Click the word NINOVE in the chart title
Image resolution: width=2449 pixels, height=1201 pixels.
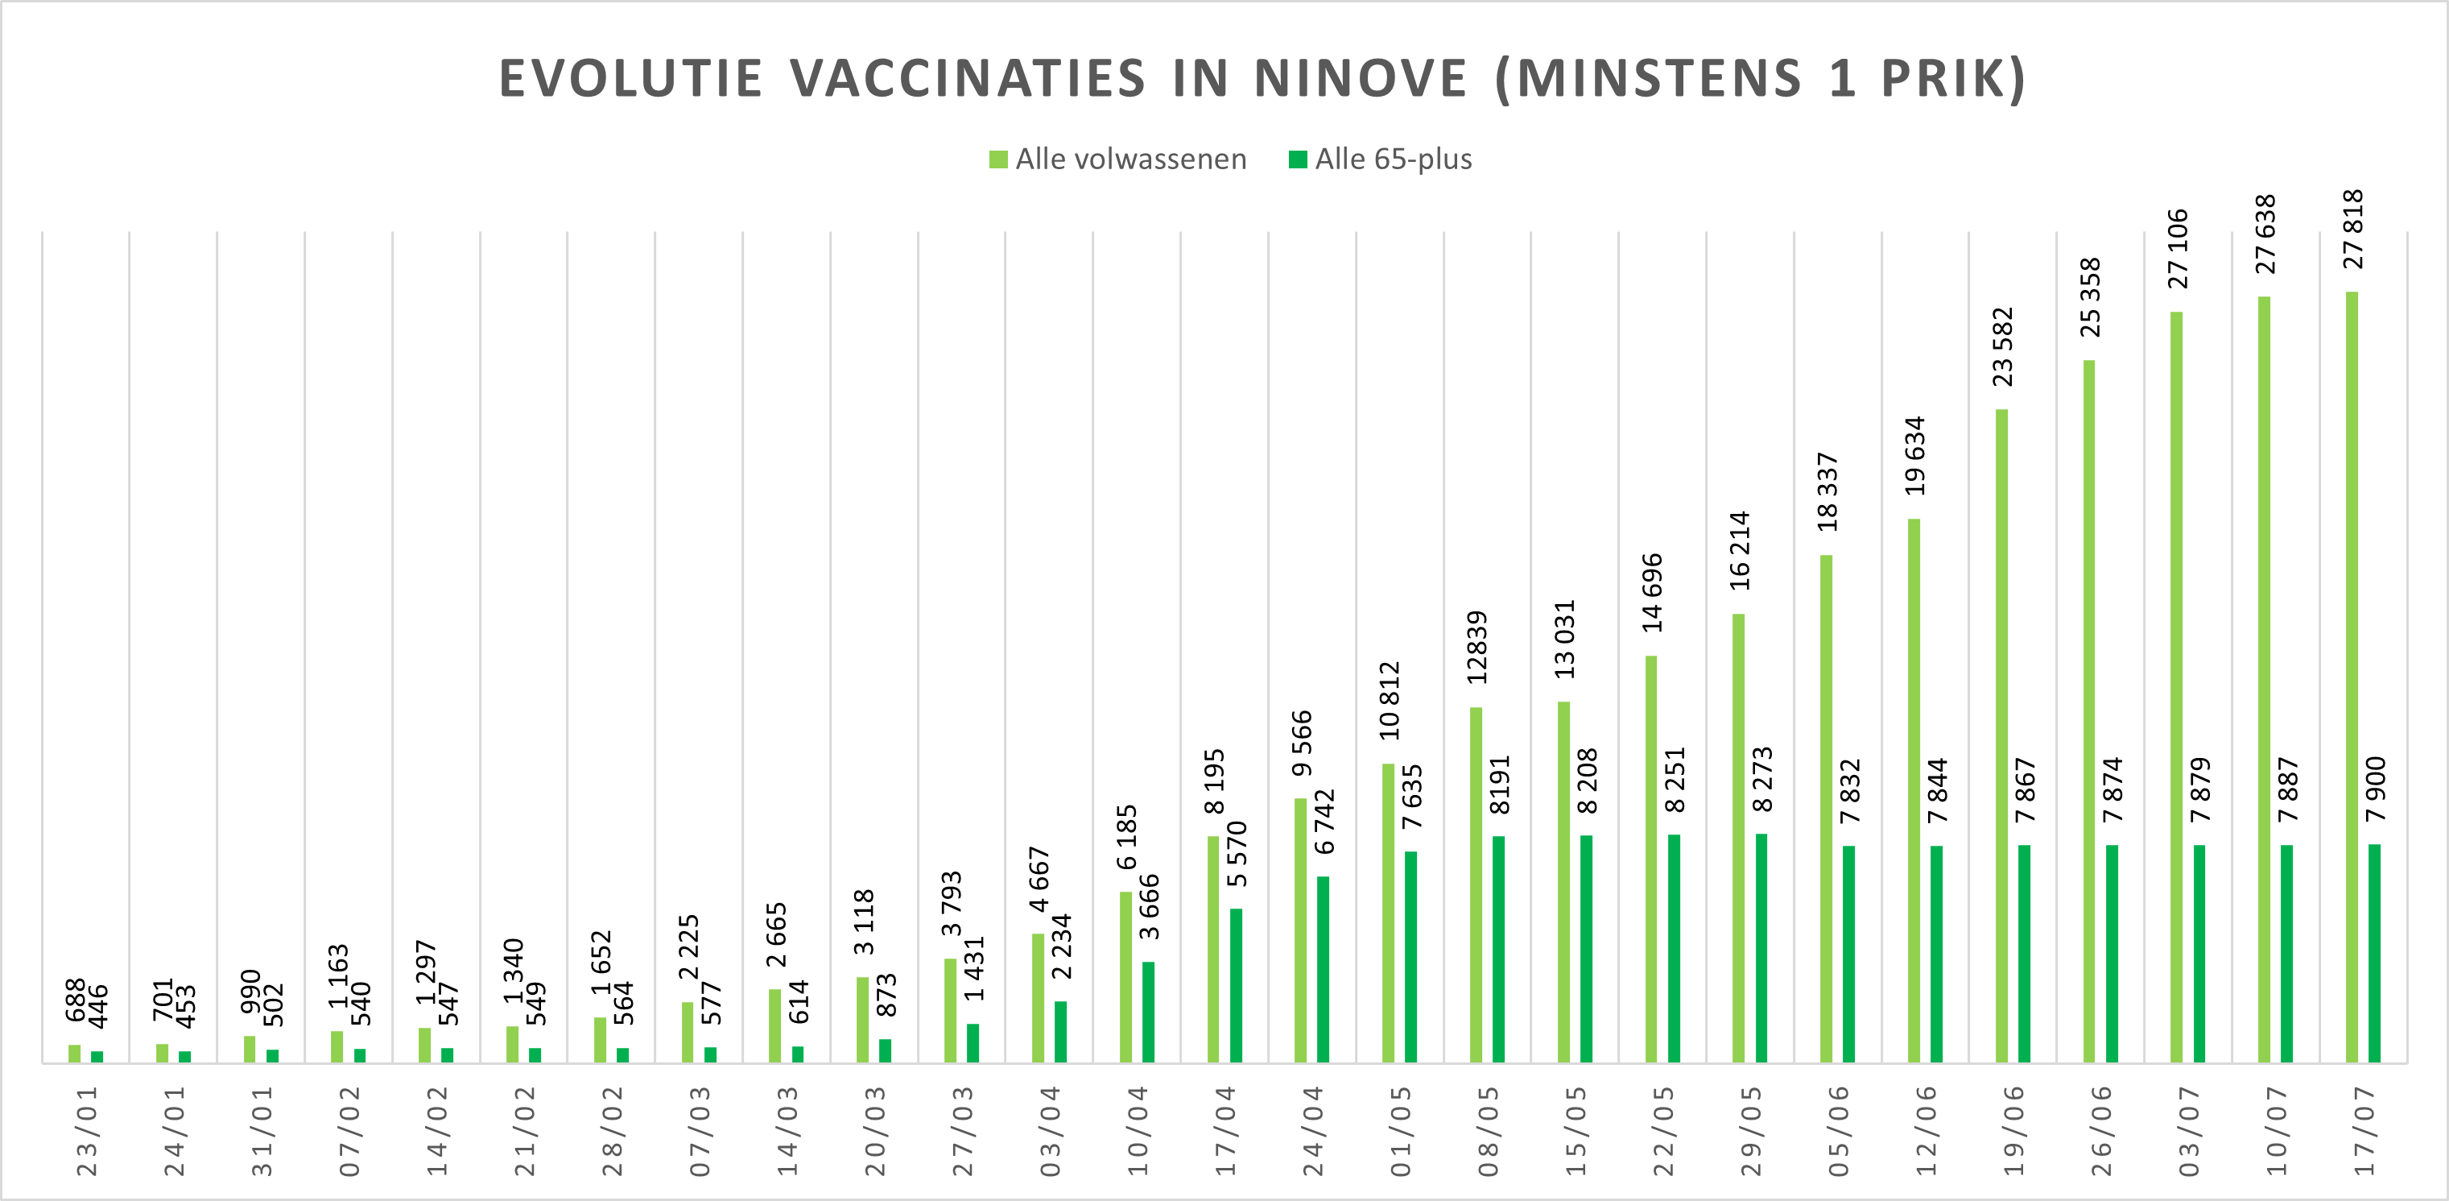[1361, 78]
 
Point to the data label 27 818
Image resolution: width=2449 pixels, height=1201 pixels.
[2352, 230]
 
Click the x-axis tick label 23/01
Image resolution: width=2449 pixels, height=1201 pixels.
[86, 1131]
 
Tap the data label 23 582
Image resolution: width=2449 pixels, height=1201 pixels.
[2002, 347]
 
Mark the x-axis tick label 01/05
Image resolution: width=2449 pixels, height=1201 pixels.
[1400, 1131]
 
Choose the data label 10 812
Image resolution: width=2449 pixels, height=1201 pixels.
[1389, 701]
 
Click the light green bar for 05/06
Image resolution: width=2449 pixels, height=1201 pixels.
[1825, 808]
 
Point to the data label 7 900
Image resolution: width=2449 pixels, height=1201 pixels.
[2375, 789]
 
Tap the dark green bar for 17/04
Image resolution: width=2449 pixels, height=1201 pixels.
[1236, 985]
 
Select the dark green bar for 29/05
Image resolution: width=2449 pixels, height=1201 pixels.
[1761, 948]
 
